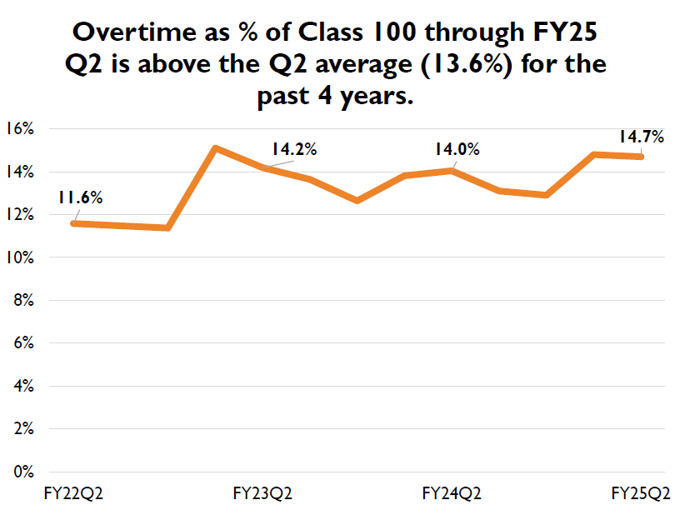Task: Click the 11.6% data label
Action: (80, 197)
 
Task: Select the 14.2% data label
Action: (294, 150)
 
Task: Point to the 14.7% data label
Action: (641, 137)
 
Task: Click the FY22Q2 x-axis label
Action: (74, 493)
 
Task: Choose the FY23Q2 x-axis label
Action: (263, 493)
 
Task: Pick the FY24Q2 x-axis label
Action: (452, 493)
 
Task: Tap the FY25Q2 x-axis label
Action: (641, 493)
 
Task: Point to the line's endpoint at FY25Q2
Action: (641, 157)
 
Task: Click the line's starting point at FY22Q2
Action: (74, 223)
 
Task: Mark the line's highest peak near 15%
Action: (216, 148)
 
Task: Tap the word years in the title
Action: (375, 97)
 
